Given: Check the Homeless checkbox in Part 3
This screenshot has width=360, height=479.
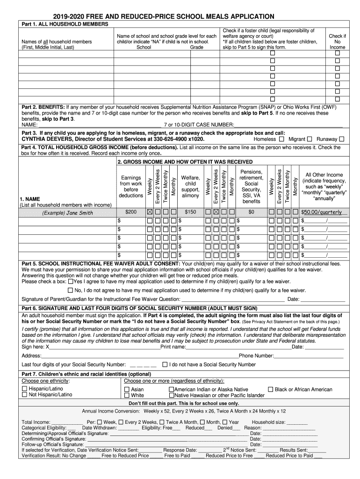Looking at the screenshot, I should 281,139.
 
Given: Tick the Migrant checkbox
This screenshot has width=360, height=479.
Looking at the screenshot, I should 310,139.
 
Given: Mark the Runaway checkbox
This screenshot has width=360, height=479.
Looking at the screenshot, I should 341,139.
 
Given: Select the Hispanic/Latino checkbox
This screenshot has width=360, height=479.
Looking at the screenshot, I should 25,389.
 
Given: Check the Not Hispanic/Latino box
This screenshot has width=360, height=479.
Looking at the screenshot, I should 25,395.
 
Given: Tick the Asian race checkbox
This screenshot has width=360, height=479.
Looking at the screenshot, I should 127,389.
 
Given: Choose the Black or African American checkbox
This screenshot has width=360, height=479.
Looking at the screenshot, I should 271,389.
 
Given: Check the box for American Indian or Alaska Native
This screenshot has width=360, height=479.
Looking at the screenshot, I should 171,389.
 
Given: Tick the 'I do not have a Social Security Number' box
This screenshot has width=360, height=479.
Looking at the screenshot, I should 165,364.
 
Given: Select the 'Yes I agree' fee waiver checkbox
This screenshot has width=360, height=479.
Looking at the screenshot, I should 71,282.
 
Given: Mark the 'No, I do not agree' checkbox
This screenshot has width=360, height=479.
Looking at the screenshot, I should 71,290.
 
